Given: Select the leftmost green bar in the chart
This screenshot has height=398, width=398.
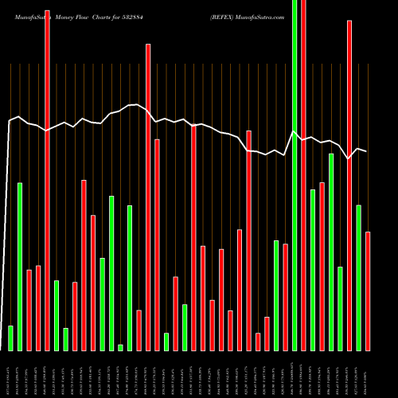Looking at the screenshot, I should tap(10, 338).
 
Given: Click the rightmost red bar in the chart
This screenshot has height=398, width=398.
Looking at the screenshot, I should tap(368, 291).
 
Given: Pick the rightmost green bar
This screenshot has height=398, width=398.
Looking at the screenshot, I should tap(359, 277).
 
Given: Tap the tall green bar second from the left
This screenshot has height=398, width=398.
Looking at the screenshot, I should tap(20, 267).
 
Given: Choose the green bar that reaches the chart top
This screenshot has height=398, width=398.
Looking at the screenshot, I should tap(295, 175).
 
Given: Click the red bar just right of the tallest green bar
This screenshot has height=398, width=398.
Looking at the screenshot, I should tap(303, 175).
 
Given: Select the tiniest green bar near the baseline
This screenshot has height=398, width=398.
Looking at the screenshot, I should tap(120, 347).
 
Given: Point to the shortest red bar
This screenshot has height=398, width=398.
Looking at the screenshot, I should tap(258, 341).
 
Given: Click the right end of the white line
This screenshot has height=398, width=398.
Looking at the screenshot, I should tap(366, 151).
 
